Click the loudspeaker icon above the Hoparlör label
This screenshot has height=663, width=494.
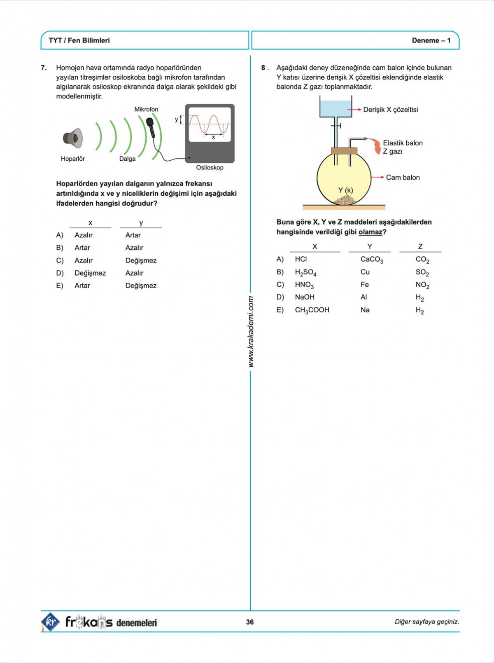73,138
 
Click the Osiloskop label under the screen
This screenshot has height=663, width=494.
210,168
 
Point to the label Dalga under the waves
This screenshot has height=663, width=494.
127,159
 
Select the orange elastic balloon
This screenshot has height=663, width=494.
376,146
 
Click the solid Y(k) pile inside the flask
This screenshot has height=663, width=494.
345,200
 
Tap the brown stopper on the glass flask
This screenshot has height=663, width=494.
344,151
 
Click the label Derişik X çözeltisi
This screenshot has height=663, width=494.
390,110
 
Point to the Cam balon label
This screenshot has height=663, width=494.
403,178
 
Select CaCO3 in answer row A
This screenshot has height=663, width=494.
371,260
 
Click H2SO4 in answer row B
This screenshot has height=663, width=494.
305,272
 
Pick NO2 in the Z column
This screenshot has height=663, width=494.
422,285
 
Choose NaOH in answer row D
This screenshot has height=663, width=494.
305,297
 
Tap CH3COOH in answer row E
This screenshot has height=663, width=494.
312,310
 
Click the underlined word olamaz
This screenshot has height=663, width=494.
370,232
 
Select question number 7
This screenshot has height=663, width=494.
44,68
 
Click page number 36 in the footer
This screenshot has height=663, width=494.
250,622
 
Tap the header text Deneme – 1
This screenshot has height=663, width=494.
431,40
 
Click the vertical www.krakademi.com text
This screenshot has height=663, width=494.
251,332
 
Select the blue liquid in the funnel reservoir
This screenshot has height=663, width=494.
336,109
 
